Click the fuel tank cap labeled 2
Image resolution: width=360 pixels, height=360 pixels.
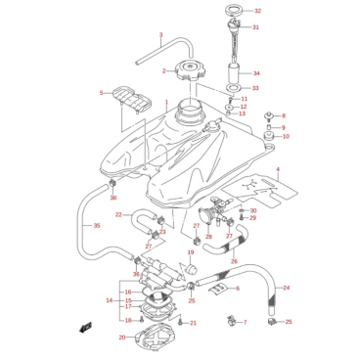[190, 70]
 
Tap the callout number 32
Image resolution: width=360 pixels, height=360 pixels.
[257, 11]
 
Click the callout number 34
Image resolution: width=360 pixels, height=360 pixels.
[256, 73]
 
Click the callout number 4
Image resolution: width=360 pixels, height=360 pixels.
[278, 169]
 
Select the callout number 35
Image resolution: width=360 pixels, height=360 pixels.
[97, 226]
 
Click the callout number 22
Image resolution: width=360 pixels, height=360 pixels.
[118, 214]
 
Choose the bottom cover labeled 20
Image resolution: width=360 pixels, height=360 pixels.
[153, 339]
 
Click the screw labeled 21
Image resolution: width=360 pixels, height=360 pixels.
[180, 323]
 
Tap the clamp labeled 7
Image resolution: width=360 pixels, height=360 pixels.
[232, 321]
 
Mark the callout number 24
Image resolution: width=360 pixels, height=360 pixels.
[286, 288]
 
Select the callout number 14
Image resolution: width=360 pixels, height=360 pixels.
[110, 300]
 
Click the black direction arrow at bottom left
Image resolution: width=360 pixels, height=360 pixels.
[85, 328]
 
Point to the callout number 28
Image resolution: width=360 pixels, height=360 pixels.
[208, 236]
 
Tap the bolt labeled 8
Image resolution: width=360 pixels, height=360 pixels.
[269, 115]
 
